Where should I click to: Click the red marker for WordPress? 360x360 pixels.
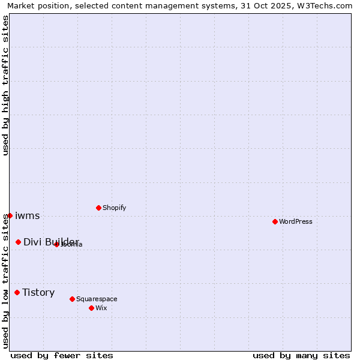(275, 221)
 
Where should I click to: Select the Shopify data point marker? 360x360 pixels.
(98, 208)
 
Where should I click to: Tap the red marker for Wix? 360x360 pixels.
(91, 308)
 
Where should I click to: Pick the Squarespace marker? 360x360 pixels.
(72, 299)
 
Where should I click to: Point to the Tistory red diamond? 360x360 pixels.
(17, 292)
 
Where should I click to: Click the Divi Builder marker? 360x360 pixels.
(18, 242)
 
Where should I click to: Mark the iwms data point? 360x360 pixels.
(10, 215)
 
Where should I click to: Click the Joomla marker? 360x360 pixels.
(56, 244)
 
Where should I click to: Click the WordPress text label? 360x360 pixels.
(296, 221)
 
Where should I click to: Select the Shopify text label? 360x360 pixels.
(115, 208)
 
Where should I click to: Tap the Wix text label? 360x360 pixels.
(101, 308)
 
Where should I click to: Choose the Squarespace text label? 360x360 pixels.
(97, 299)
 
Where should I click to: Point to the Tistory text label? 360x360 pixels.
(38, 292)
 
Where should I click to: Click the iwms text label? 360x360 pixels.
(27, 215)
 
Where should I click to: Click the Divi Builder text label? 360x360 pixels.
(51, 242)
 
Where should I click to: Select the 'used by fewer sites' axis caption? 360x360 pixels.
(62, 355)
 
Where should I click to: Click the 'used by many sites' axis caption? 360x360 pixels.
(301, 355)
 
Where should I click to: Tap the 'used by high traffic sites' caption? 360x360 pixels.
(6, 85)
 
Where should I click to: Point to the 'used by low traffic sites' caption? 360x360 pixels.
(6, 280)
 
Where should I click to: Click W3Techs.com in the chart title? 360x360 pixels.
(325, 6)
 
